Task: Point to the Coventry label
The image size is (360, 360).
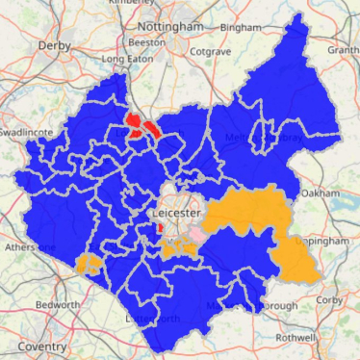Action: tap(33, 346)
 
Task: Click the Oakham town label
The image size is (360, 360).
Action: tap(312, 193)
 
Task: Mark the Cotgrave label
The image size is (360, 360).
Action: tap(210, 50)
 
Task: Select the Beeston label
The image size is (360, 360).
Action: tap(147, 44)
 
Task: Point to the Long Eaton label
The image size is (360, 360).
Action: tap(125, 60)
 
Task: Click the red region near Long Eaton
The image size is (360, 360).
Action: tap(142, 126)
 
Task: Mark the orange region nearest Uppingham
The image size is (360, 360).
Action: tap(293, 255)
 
